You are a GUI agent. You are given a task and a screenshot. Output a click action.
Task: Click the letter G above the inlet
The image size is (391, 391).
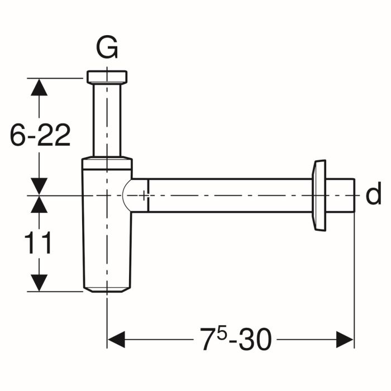(x=107, y=49)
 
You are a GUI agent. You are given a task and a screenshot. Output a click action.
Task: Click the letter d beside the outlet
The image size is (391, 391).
(x=373, y=195)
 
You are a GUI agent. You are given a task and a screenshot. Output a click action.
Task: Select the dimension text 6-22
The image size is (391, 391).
(x=40, y=136)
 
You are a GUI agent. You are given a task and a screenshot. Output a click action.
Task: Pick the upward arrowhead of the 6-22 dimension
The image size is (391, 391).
(x=38, y=87)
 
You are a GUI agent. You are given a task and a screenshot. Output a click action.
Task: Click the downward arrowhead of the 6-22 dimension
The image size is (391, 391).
(x=38, y=185)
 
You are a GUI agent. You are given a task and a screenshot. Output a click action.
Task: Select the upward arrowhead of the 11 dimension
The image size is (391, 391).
(x=38, y=205)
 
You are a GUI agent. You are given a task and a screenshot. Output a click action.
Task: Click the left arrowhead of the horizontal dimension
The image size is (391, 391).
(x=116, y=339)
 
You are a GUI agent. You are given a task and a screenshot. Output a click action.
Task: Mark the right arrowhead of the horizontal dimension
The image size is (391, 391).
(x=345, y=339)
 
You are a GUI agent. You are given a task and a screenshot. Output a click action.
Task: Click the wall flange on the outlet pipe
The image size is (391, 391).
(x=319, y=195)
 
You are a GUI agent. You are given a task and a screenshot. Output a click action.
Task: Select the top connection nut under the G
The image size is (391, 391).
(x=107, y=77)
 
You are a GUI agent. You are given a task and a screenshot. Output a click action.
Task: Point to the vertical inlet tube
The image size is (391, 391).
(x=107, y=120)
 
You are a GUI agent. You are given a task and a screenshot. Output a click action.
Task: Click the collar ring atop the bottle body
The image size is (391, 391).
(x=107, y=164)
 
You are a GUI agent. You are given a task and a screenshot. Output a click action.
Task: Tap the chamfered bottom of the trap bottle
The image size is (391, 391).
(x=107, y=289)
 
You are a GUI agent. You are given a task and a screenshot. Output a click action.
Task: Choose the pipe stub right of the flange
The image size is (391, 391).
(x=341, y=195)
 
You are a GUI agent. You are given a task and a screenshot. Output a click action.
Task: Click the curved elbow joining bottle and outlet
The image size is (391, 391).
(x=134, y=195)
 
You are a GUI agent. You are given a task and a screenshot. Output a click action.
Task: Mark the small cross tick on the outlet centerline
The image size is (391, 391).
(x=145, y=195)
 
